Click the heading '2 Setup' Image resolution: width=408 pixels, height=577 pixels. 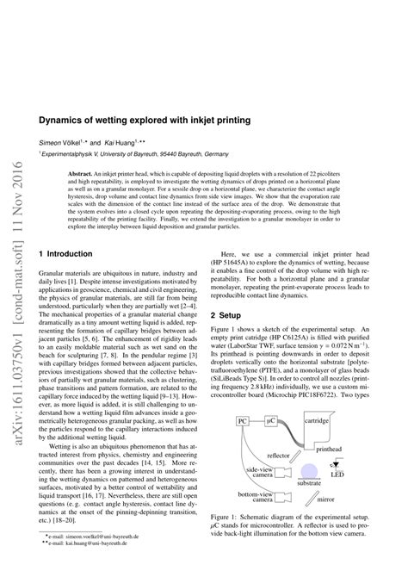(x=226, y=293)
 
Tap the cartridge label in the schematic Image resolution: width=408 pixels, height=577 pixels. (x=318, y=421)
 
